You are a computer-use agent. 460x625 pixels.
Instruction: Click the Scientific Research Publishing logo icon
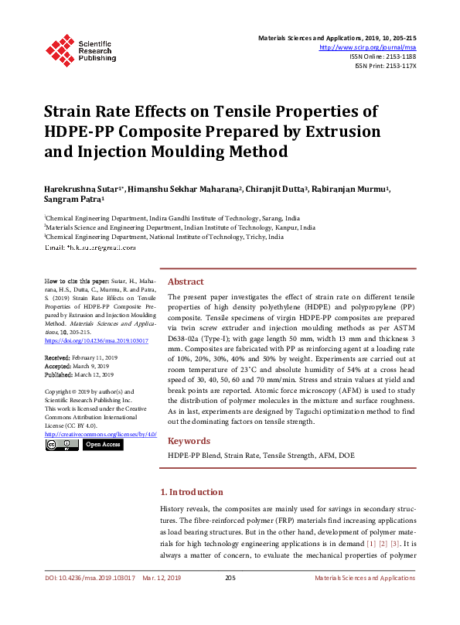pyautogui.click(x=60, y=48)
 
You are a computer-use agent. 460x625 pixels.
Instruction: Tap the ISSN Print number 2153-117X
pyautogui.click(x=398, y=66)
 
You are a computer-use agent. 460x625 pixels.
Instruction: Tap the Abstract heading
pyautogui.click(x=186, y=282)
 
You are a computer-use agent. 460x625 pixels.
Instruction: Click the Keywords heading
pyautogui.click(x=189, y=441)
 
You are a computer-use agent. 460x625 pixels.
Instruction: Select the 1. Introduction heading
pyautogui.click(x=192, y=492)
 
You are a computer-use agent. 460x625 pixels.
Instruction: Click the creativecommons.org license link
pyautogui.click(x=101, y=434)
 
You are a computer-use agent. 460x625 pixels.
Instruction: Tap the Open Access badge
pyautogui.click(x=102, y=445)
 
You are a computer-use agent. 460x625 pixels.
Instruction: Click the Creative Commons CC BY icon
pyautogui.click(x=61, y=445)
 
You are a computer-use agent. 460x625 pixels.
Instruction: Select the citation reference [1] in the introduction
pyautogui.click(x=371, y=542)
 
